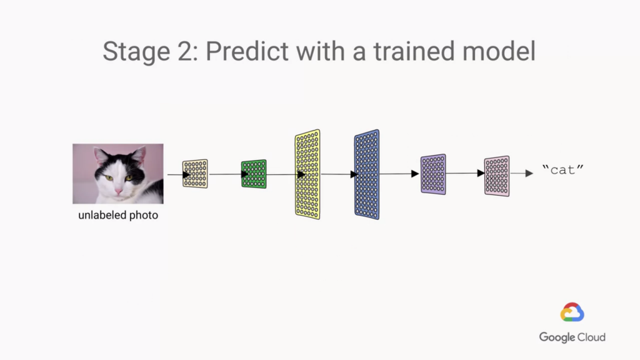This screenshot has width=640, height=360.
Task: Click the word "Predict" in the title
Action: click(247, 51)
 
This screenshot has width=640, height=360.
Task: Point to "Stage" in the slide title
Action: click(136, 52)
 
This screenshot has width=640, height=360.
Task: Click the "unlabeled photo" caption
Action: click(118, 215)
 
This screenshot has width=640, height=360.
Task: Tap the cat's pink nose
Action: click(118, 191)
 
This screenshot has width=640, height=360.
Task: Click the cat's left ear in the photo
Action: click(101, 156)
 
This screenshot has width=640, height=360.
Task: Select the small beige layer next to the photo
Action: click(195, 174)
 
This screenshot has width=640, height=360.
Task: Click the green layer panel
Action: click(254, 174)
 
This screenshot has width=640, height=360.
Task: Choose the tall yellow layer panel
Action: click(307, 174)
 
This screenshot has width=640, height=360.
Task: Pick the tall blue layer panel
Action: click(366, 174)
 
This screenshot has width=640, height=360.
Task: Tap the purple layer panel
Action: click(433, 174)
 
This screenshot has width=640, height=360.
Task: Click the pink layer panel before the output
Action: click(497, 176)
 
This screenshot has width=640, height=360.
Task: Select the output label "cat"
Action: click(563, 170)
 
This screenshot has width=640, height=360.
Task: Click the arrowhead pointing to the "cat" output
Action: click(529, 173)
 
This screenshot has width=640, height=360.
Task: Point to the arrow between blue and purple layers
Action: click(399, 174)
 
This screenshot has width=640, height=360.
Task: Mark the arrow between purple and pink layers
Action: click(465, 173)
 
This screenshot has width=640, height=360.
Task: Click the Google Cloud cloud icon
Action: click(572, 312)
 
